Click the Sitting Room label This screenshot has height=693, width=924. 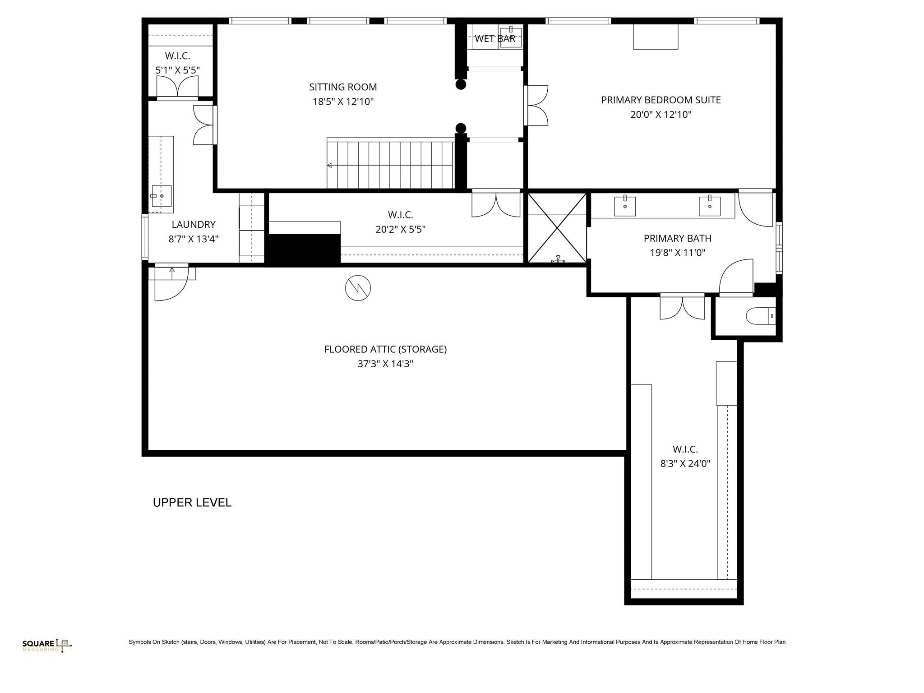[x=343, y=87]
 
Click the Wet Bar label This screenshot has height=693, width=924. [x=494, y=39]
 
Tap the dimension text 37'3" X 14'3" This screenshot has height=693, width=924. [x=385, y=364]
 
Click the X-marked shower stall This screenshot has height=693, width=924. [x=557, y=228]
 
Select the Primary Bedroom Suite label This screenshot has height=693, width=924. [x=661, y=100]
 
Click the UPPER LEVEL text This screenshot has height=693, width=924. [x=192, y=503]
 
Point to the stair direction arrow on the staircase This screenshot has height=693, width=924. [x=329, y=165]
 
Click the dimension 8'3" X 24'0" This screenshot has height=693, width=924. [x=685, y=463]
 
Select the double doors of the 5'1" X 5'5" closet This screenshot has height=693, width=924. [x=177, y=87]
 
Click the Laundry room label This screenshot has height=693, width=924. [x=194, y=224]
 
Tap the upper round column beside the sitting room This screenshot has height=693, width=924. [x=461, y=84]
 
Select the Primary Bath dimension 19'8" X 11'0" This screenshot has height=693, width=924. [x=677, y=253]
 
